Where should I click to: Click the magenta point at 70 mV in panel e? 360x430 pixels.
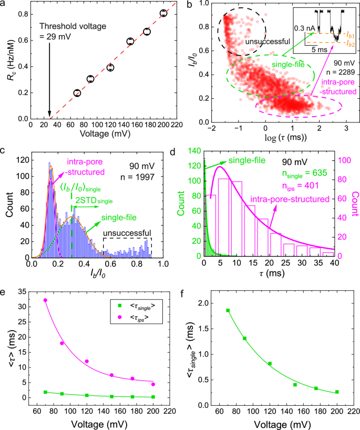tap(45, 300)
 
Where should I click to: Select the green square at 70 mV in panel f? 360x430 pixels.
tap(228, 310)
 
